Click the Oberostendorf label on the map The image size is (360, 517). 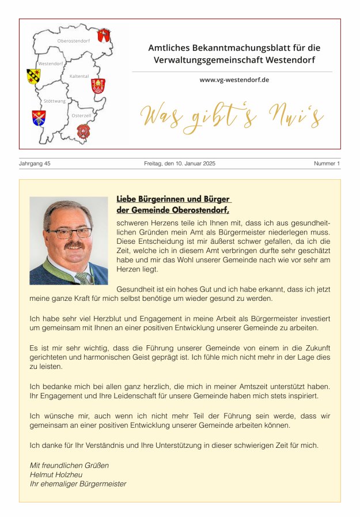pos(73,41)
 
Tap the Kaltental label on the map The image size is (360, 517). pos(79,76)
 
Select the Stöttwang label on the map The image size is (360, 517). pos(55,101)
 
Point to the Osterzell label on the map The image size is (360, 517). pos(81,116)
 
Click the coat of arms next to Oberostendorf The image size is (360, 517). pos(104,35)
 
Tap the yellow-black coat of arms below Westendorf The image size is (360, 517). pos(33,76)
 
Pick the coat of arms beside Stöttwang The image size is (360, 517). pos(39,118)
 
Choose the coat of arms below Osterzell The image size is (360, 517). pos(84,131)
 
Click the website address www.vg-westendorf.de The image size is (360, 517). pos(234,80)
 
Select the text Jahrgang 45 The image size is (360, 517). pos(35,164)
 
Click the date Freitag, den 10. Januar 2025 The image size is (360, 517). pos(180,164)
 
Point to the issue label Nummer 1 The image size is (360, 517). pos(327,164)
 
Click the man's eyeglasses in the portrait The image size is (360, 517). pos(69,233)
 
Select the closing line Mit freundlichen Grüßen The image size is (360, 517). pos(69,465)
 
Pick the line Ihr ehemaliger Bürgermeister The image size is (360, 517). pos(78,484)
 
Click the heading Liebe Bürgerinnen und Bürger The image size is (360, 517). pos(173,199)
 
